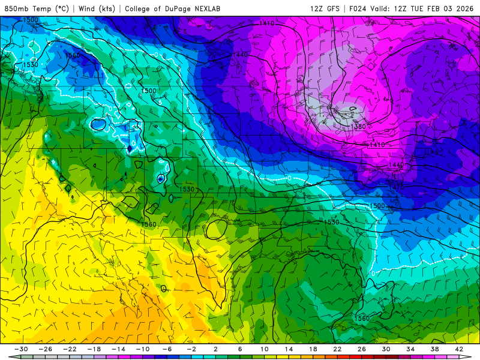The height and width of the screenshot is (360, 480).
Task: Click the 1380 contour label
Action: pyautogui.click(x=359, y=127)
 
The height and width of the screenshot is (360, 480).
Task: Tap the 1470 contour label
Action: pyautogui.click(x=396, y=187)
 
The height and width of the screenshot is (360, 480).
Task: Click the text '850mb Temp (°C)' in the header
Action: pyautogui.click(x=37, y=8)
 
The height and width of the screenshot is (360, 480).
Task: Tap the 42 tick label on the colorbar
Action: pyautogui.click(x=460, y=349)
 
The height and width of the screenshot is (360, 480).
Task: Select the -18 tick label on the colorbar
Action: pyautogui.click(x=94, y=349)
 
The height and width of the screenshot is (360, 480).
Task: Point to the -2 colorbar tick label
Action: pyautogui.click(x=191, y=349)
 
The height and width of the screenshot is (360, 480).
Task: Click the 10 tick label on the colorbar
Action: pyautogui.click(x=264, y=349)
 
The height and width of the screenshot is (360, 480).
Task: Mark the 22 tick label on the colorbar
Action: pyautogui.click(x=337, y=349)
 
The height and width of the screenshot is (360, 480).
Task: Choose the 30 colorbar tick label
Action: pyautogui.click(x=386, y=349)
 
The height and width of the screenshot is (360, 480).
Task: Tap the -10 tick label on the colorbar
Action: pyautogui.click(x=142, y=349)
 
